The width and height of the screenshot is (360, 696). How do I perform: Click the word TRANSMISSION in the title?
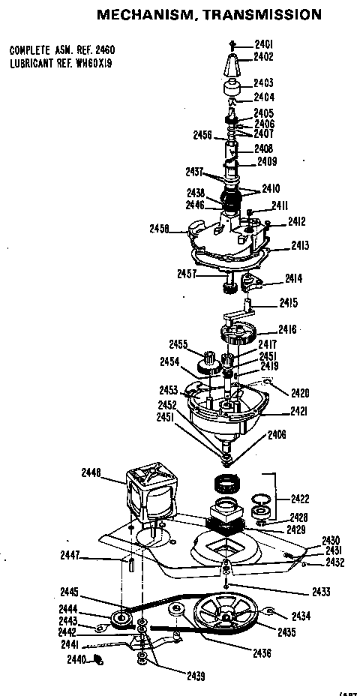[263, 13]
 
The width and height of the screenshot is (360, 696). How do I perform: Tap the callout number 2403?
[263, 83]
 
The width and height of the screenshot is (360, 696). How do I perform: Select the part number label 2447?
[73, 555]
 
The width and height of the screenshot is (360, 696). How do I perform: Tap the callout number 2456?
[202, 136]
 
